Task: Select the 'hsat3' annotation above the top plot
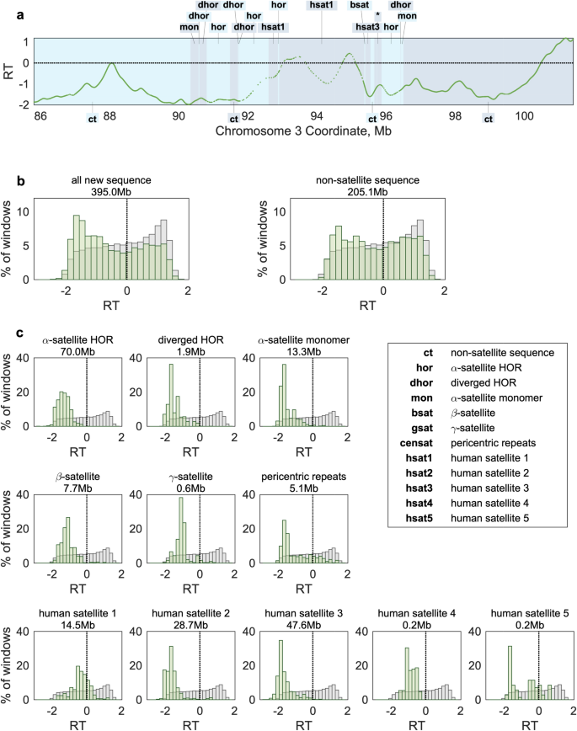pos(366,27)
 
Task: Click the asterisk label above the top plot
pos(378,16)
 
